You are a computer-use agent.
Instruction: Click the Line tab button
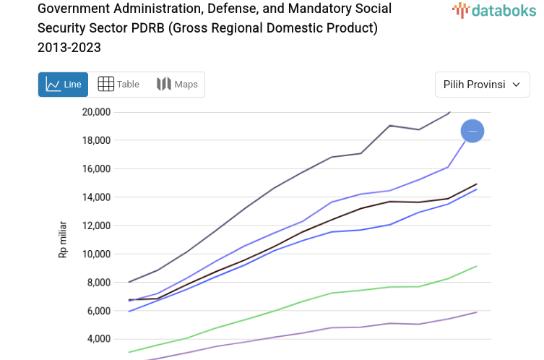[63, 85]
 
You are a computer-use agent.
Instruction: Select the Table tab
[118, 85]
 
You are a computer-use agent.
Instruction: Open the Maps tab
[177, 85]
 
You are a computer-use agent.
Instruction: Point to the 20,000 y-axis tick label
[96, 112]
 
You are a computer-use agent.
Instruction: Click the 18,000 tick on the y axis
[96, 140]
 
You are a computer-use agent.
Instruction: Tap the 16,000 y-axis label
[96, 168]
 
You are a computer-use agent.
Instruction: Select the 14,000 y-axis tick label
[96, 197]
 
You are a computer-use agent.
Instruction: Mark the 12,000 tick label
[96, 226]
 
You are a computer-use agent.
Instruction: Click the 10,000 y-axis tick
[96, 254]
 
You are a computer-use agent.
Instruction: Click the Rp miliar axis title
[63, 240]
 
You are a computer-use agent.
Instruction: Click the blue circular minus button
[472, 131]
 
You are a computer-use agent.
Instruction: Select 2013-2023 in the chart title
[69, 48]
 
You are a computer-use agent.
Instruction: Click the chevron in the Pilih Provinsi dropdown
[516, 85]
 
